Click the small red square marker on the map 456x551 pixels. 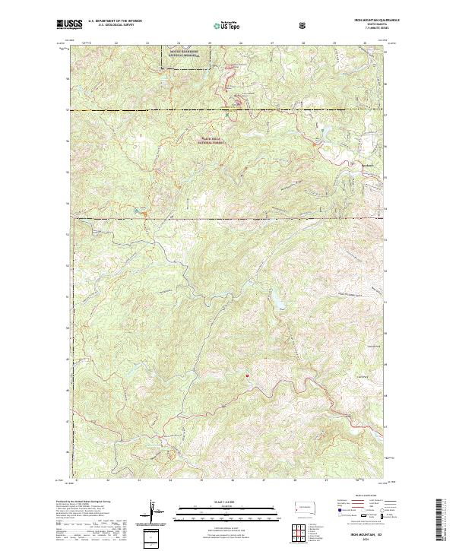tap(247, 373)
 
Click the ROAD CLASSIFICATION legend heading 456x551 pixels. tap(362, 499)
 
